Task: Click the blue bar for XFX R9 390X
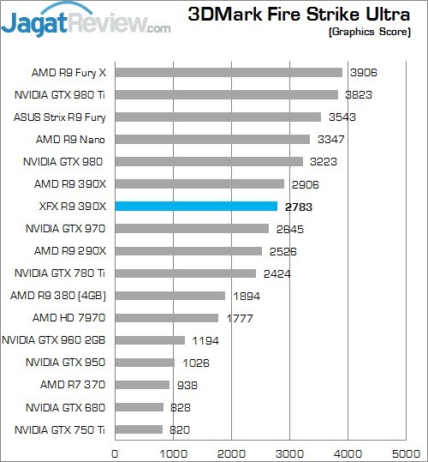coord(196,206)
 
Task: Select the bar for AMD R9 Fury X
coord(229,73)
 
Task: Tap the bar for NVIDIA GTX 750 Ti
coord(139,429)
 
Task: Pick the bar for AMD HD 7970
coord(166,318)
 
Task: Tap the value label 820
coord(179,429)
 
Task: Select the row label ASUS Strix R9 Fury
coord(59,117)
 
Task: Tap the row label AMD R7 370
coord(73,385)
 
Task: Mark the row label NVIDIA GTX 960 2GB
coord(54,340)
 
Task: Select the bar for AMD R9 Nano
coord(212,140)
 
